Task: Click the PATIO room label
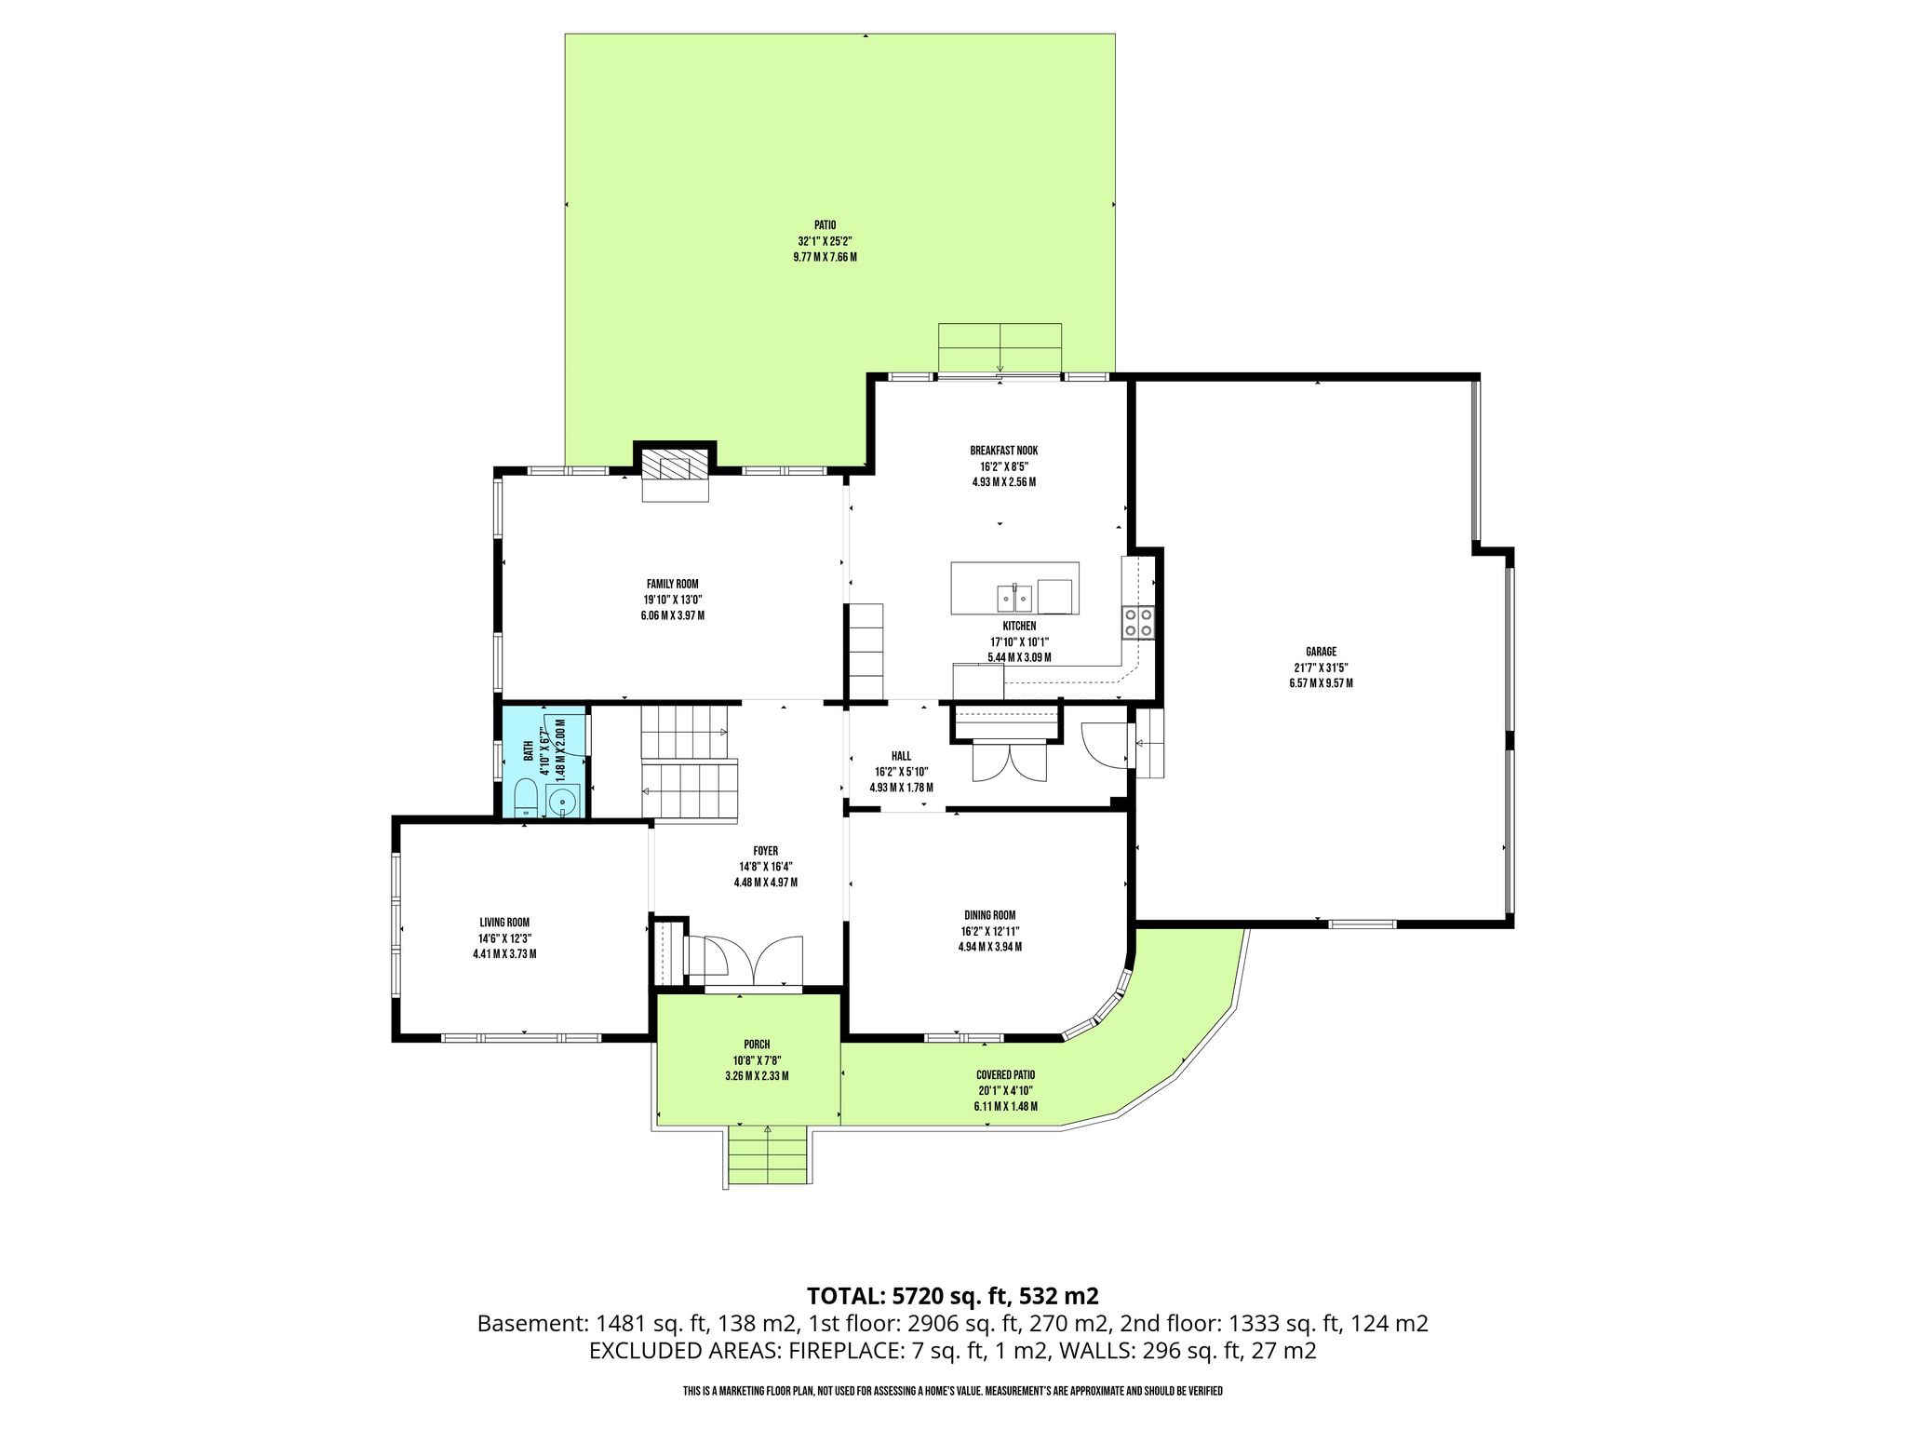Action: (x=825, y=224)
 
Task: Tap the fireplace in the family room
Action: (x=676, y=477)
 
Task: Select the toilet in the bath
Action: (x=526, y=800)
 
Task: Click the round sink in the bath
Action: (x=563, y=800)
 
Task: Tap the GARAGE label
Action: (x=1321, y=652)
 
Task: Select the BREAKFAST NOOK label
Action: (x=1003, y=451)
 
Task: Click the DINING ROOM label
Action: (x=989, y=915)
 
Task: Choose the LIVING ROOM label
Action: (x=504, y=923)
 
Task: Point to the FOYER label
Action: (x=765, y=851)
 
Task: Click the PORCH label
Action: (x=757, y=1045)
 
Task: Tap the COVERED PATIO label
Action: (x=1005, y=1074)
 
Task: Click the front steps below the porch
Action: (x=767, y=1155)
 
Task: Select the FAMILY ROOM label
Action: (x=672, y=584)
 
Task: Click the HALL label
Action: (x=901, y=756)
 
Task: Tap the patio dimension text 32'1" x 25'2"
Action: (x=825, y=240)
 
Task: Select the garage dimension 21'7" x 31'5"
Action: (x=1321, y=668)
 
